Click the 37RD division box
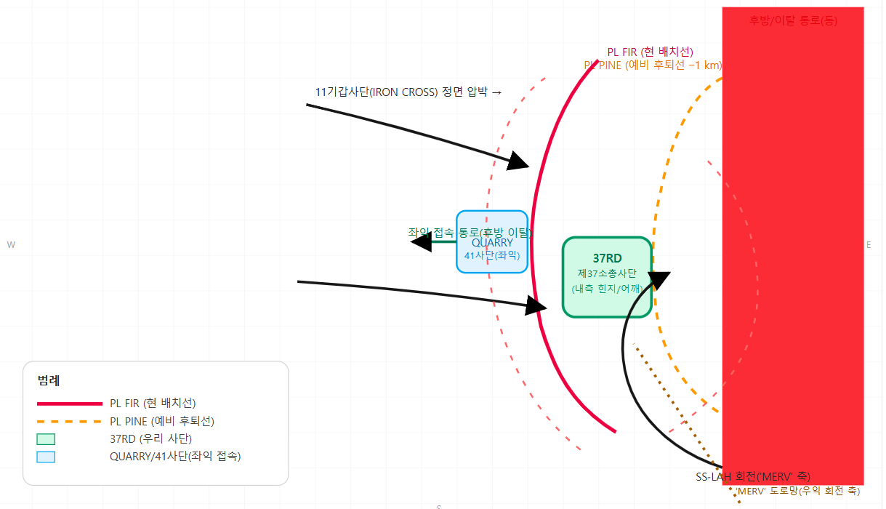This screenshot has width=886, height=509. coord(607,277)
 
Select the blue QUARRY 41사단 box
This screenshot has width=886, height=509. coord(492,242)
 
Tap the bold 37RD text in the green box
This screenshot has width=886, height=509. coord(607,258)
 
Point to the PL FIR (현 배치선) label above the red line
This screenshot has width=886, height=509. coord(650,52)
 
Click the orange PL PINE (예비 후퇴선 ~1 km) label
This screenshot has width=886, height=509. coord(653,65)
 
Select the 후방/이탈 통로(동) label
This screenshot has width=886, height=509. coord(793,20)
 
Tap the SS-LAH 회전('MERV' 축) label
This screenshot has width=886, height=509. coord(753,476)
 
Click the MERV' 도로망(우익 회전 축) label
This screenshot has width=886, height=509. coord(799,491)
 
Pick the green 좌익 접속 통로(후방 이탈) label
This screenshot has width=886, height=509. coord(470,232)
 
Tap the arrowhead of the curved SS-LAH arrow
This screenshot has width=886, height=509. coord(659,281)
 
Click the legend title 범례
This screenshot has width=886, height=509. coord(49,380)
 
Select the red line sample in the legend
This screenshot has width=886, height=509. coord(69,403)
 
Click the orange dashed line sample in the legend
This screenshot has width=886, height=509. coord(69,421)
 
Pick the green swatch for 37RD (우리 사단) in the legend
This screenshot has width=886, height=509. coord(46,438)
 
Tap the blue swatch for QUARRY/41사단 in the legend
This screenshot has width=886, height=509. coord(46,457)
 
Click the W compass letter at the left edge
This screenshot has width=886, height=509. coord(11,245)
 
